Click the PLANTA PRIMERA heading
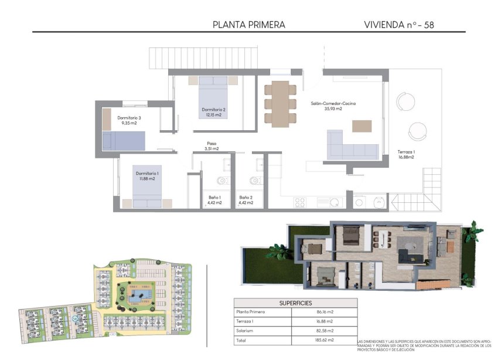point(249,25)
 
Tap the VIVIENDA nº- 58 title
point(398,25)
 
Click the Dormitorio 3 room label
point(129,120)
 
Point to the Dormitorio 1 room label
point(146,176)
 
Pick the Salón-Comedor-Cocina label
point(333,106)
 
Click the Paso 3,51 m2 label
point(212,146)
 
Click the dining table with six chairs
point(280,103)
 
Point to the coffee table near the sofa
point(361,125)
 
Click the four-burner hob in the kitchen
point(299,202)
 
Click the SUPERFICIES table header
point(295,302)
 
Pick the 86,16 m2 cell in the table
point(324,312)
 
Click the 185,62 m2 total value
point(324,340)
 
